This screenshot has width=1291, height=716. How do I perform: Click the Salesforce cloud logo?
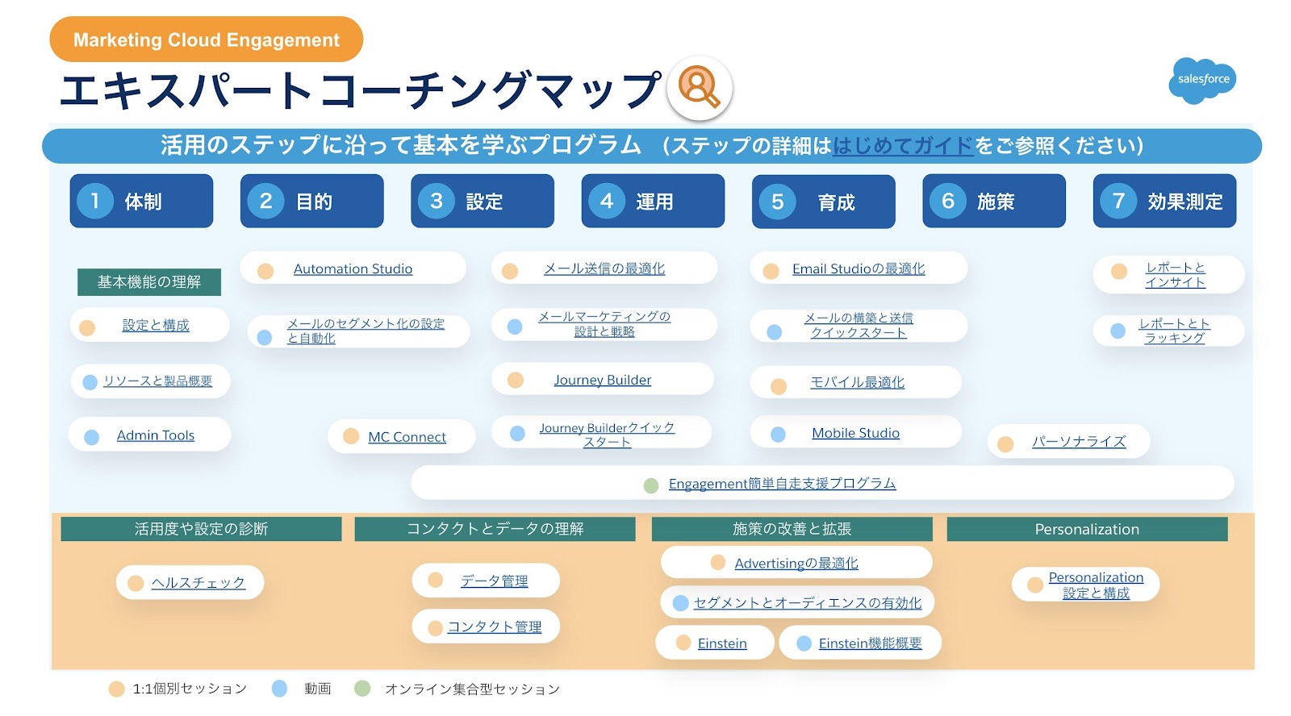click(1201, 80)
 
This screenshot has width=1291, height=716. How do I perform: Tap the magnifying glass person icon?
click(699, 87)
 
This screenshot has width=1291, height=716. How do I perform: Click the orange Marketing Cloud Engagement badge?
click(206, 40)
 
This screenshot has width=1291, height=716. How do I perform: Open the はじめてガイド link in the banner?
click(903, 146)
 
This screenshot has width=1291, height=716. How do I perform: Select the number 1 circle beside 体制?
click(95, 201)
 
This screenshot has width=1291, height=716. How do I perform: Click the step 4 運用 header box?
click(653, 201)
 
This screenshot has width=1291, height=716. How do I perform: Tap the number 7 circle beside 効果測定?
click(1118, 201)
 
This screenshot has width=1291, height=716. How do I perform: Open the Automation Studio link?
click(353, 269)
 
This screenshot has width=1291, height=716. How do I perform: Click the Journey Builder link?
click(602, 380)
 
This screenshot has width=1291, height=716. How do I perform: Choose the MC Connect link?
click(407, 437)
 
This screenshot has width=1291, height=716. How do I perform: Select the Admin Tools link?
click(156, 435)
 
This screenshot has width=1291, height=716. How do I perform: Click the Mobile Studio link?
click(855, 434)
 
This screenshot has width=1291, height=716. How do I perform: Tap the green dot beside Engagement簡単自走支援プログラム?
click(651, 485)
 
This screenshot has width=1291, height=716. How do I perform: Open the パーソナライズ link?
click(1078, 442)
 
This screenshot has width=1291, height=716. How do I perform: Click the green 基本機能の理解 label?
click(149, 282)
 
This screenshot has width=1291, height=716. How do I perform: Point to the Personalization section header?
click(1087, 529)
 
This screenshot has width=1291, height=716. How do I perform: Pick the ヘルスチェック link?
click(198, 583)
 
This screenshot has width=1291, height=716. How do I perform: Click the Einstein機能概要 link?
click(870, 643)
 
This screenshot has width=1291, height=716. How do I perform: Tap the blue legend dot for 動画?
click(280, 689)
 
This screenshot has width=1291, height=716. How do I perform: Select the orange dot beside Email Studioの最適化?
click(771, 271)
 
